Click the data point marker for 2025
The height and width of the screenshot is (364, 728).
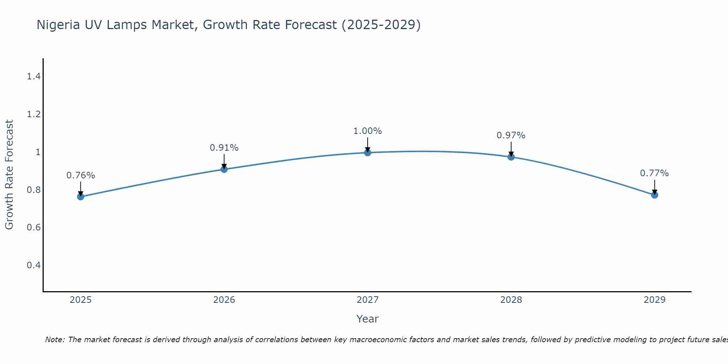[80, 197]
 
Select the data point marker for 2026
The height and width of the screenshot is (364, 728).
[224, 169]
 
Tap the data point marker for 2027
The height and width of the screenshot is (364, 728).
[368, 153]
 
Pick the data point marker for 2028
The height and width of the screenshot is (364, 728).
[511, 157]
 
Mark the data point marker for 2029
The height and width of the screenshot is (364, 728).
[654, 195]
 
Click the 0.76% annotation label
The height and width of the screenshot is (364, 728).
[80, 175]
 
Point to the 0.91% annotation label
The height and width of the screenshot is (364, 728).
[224, 148]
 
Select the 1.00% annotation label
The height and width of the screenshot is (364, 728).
[368, 131]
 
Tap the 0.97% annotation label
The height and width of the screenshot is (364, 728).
[511, 135]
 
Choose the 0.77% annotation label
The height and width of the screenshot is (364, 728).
[654, 173]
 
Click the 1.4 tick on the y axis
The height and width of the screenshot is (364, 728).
[34, 76]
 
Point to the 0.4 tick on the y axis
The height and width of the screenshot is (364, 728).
[34, 265]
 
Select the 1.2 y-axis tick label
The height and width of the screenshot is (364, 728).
[34, 114]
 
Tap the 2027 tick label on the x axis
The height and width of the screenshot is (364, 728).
[368, 300]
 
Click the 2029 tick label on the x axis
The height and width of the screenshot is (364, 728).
[654, 300]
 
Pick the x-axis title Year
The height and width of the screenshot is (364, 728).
[368, 319]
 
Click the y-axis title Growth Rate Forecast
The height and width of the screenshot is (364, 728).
[9, 175]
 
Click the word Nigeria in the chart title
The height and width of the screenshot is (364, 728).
[58, 25]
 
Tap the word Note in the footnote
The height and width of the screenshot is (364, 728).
[55, 340]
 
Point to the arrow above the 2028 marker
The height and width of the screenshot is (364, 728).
[511, 149]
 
